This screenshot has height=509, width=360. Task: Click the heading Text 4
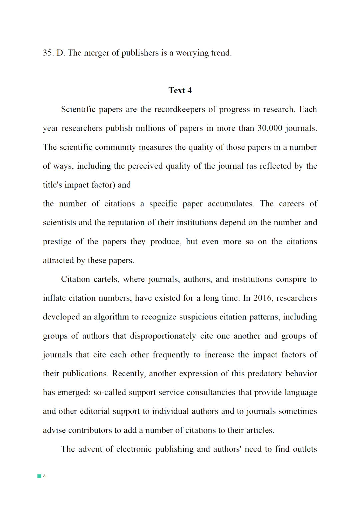[x=180, y=90]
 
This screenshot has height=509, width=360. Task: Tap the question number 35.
[x=48, y=53]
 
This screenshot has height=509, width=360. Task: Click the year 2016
[x=263, y=298]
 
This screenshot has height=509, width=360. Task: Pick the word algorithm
[x=111, y=317]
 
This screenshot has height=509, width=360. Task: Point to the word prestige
[x=57, y=242]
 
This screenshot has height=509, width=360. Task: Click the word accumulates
[x=230, y=204]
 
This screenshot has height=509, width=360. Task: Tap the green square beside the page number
[x=39, y=476]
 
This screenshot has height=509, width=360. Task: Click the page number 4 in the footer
[x=44, y=476]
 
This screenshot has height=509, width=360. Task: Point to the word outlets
[x=305, y=449]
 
